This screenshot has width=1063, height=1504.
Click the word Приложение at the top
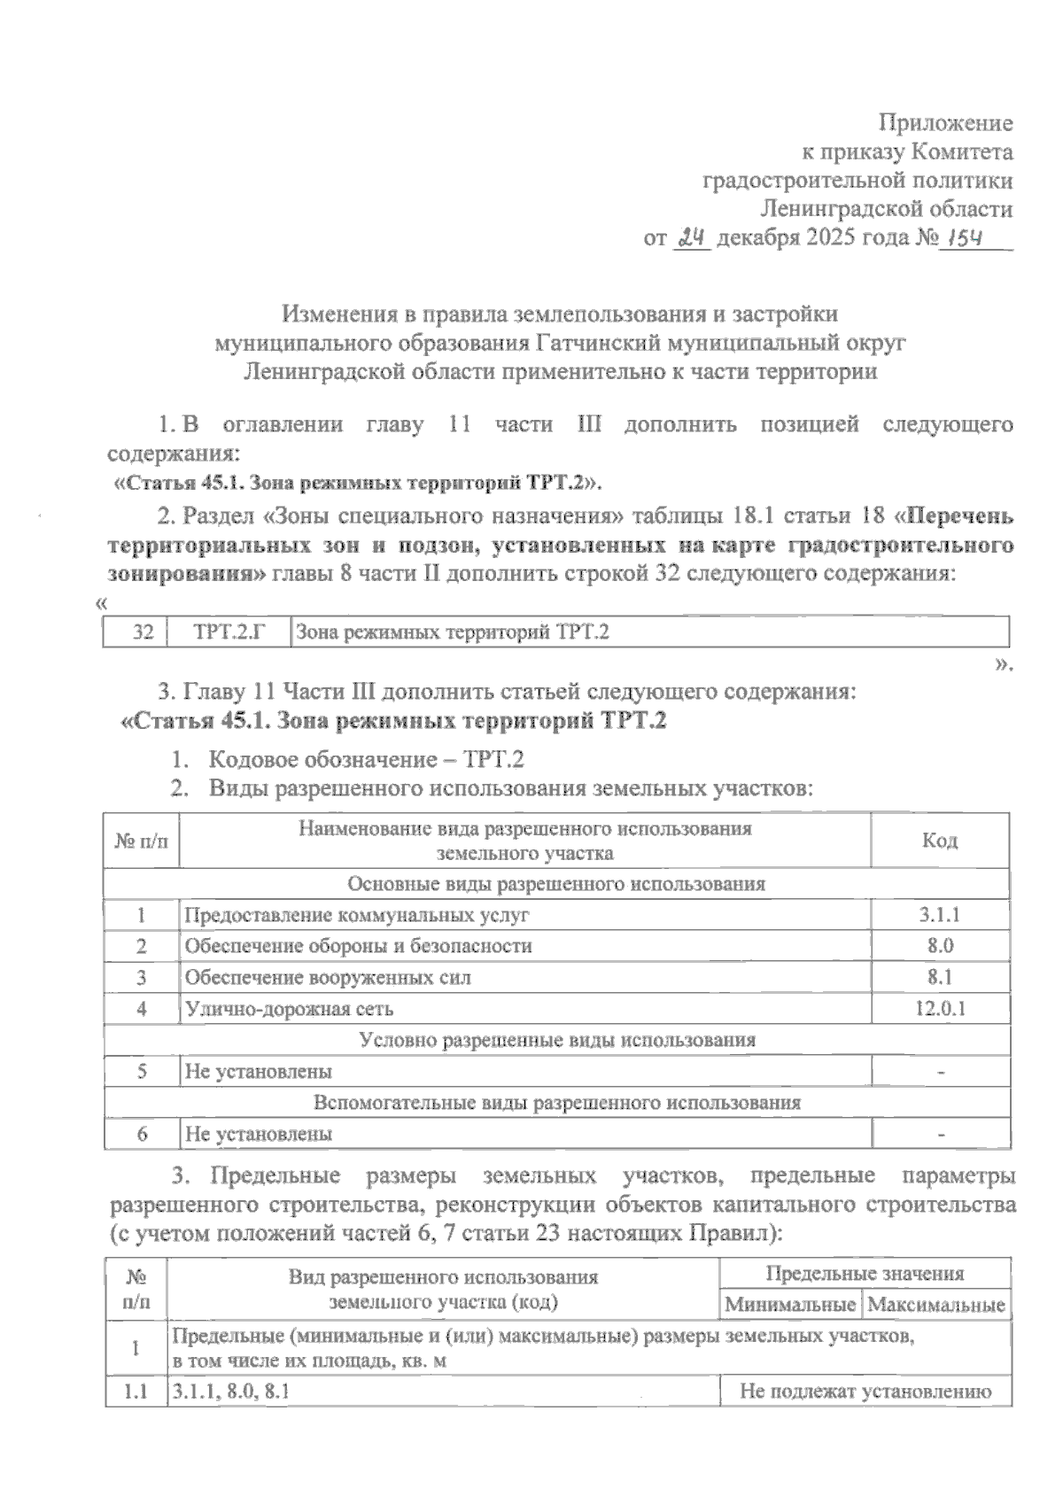944,123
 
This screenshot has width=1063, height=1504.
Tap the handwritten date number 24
692,237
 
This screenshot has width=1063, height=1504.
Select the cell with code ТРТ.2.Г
229,632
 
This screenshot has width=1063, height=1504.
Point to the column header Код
939,841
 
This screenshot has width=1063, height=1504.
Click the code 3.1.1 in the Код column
939,915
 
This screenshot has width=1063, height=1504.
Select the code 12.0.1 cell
939,1008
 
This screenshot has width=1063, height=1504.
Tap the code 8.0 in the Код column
939,946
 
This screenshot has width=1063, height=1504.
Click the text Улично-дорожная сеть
289,1008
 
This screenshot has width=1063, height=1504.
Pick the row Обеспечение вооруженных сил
327,977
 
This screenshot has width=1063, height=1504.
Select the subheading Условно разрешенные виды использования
556,1040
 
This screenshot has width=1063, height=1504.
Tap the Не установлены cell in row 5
258,1072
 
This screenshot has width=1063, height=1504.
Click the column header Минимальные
790,1304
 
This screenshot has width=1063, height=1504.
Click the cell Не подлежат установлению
865,1392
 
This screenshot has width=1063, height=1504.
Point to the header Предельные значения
864,1274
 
